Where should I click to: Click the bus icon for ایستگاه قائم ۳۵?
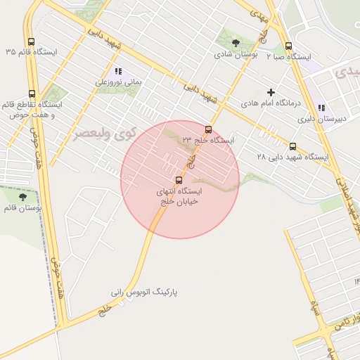tap(30, 41)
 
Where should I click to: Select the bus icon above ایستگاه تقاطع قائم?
tap(32, 94)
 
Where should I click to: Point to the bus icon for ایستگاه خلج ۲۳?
tap(208, 129)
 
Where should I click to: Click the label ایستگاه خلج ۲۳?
tap(207, 141)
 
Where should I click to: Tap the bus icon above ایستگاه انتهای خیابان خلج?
tap(177, 180)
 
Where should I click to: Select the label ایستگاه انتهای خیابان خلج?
tap(176, 196)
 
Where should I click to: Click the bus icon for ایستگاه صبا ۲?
tap(288, 46)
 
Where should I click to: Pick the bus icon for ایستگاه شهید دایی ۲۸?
tap(293, 147)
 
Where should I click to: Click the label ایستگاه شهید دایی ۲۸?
tap(292, 157)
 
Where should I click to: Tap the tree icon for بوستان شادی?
tap(236, 42)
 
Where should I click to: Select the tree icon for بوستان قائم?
tap(22, 198)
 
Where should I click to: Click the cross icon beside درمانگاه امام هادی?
tap(271, 92)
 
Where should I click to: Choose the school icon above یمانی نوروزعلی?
tap(118, 71)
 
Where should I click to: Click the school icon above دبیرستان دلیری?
tap(321, 108)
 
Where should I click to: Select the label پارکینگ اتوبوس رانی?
tap(145, 291)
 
